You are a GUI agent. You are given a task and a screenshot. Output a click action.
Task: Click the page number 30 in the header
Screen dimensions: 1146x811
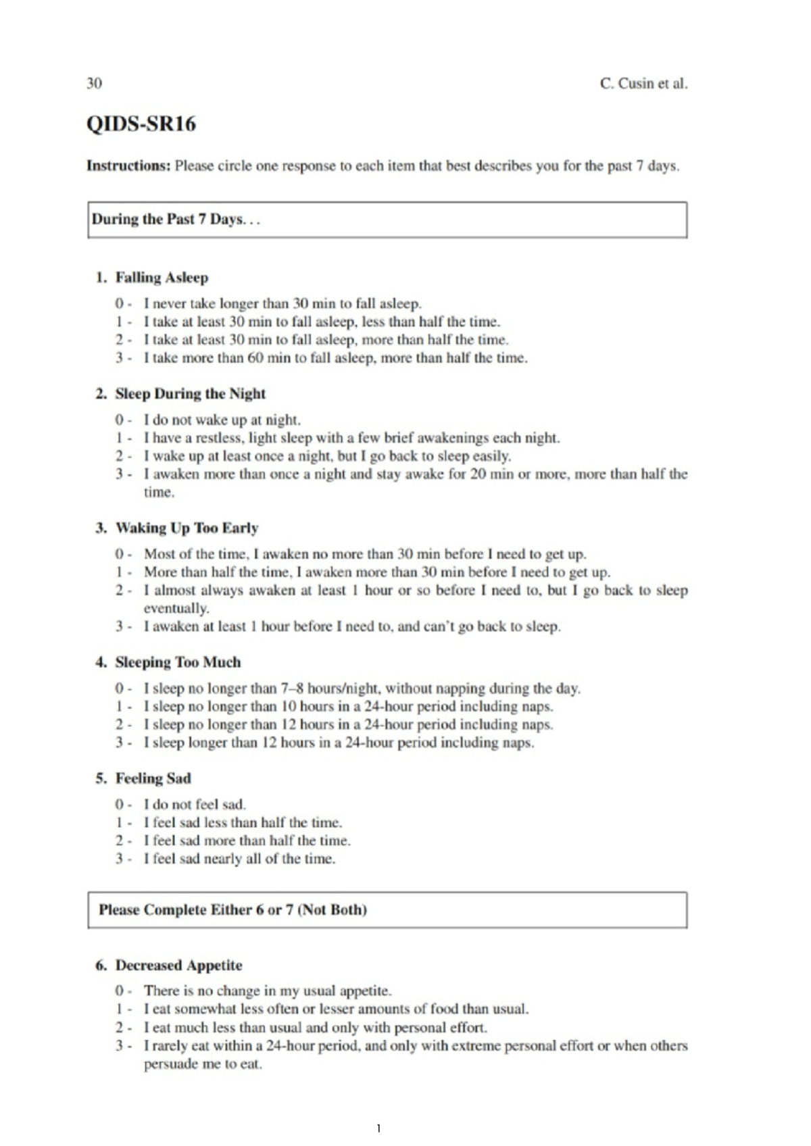pos(94,83)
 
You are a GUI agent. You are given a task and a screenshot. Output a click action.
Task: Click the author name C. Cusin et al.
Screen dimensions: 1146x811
pos(643,84)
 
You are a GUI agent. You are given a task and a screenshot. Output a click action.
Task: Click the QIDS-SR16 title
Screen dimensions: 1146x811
pos(141,124)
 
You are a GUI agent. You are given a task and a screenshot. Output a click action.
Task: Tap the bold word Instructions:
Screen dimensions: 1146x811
pos(128,166)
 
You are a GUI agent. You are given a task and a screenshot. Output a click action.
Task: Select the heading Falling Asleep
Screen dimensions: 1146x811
pos(162,278)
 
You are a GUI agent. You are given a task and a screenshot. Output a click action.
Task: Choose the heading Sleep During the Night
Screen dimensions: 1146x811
pos(190,394)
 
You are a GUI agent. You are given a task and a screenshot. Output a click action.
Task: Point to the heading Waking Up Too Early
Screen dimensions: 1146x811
pos(187,528)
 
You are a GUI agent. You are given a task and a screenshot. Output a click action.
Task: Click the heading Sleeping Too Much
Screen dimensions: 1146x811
pos(178,662)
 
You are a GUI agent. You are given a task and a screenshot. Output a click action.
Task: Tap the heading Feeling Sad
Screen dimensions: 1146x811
pos(153,778)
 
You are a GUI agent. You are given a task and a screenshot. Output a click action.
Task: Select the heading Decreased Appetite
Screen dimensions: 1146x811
pos(178,966)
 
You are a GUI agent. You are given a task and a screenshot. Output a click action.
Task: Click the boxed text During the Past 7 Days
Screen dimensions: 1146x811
pos(176,220)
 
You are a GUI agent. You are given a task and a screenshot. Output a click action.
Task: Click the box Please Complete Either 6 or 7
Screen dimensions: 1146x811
pos(232,910)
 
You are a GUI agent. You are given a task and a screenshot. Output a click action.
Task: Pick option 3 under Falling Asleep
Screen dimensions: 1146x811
pos(335,358)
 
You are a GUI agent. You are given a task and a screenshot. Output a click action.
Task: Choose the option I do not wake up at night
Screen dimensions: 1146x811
pos(222,420)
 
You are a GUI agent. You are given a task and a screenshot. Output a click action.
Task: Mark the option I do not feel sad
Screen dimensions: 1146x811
pos(195,805)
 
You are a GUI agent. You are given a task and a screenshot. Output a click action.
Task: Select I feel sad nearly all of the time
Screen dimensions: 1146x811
pos(239,859)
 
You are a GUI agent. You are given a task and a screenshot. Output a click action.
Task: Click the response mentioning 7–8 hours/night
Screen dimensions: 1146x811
pos(362,689)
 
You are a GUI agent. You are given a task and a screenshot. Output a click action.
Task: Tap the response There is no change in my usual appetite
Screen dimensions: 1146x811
pos(267,991)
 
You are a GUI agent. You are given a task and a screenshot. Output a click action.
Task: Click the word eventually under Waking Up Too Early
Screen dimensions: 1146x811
pos(176,608)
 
